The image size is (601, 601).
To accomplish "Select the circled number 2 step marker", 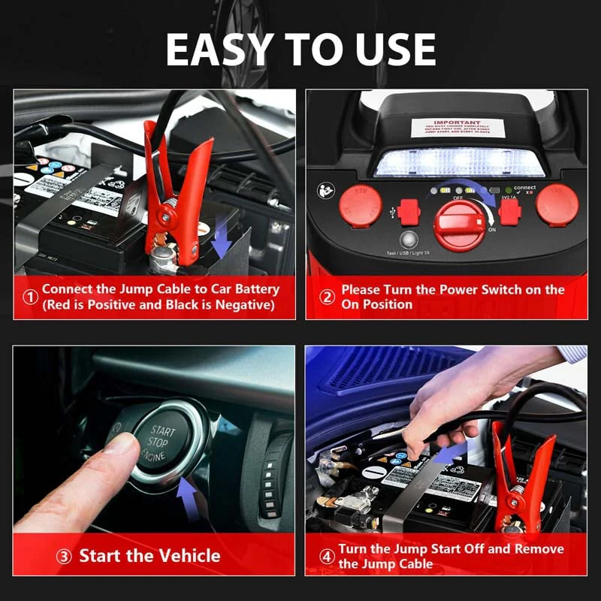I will click(x=327, y=297).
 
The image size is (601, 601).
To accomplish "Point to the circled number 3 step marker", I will click(x=65, y=557).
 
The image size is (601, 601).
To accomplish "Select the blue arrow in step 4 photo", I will click(x=448, y=454).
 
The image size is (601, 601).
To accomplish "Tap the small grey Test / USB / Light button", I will click(x=408, y=240).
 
